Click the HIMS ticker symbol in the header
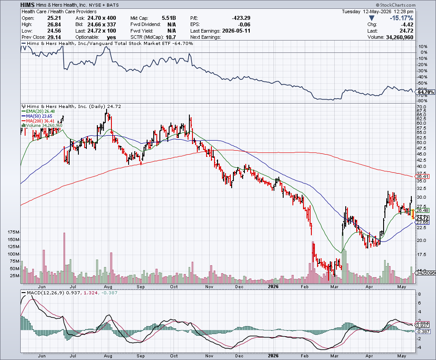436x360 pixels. click(27, 5)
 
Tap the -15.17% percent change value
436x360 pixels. click(401, 18)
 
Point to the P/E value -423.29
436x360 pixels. click(241, 18)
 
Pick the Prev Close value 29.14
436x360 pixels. click(54, 37)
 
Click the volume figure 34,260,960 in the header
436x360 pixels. click(399, 37)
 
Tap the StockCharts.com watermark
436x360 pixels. click(395, 5)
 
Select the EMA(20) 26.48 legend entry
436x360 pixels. click(38, 111)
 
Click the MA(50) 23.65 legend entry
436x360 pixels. click(37, 116)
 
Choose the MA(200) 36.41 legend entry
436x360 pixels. click(38, 121)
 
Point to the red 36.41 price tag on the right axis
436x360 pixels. click(422, 176)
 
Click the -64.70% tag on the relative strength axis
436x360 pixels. click(425, 92)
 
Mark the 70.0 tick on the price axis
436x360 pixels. click(421, 107)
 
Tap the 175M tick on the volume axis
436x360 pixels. click(14, 232)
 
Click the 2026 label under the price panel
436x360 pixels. click(273, 286)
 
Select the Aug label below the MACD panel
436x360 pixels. click(108, 356)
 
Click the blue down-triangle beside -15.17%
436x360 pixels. click(372, 18)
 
